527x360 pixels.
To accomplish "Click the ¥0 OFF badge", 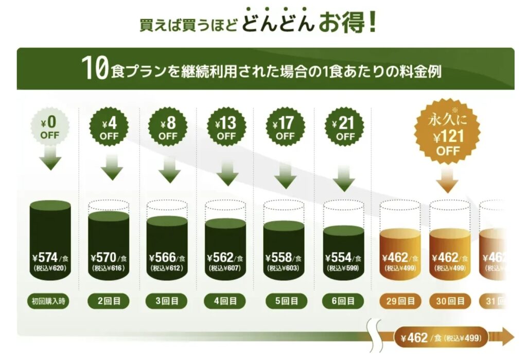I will point(50,129).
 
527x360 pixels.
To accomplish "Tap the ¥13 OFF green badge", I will point(226,129).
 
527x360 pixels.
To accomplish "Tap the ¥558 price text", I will point(280,257).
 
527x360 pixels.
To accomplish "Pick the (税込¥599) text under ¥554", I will point(344,268).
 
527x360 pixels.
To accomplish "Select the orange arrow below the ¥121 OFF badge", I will point(448,180).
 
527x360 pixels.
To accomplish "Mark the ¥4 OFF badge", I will point(109,129).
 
